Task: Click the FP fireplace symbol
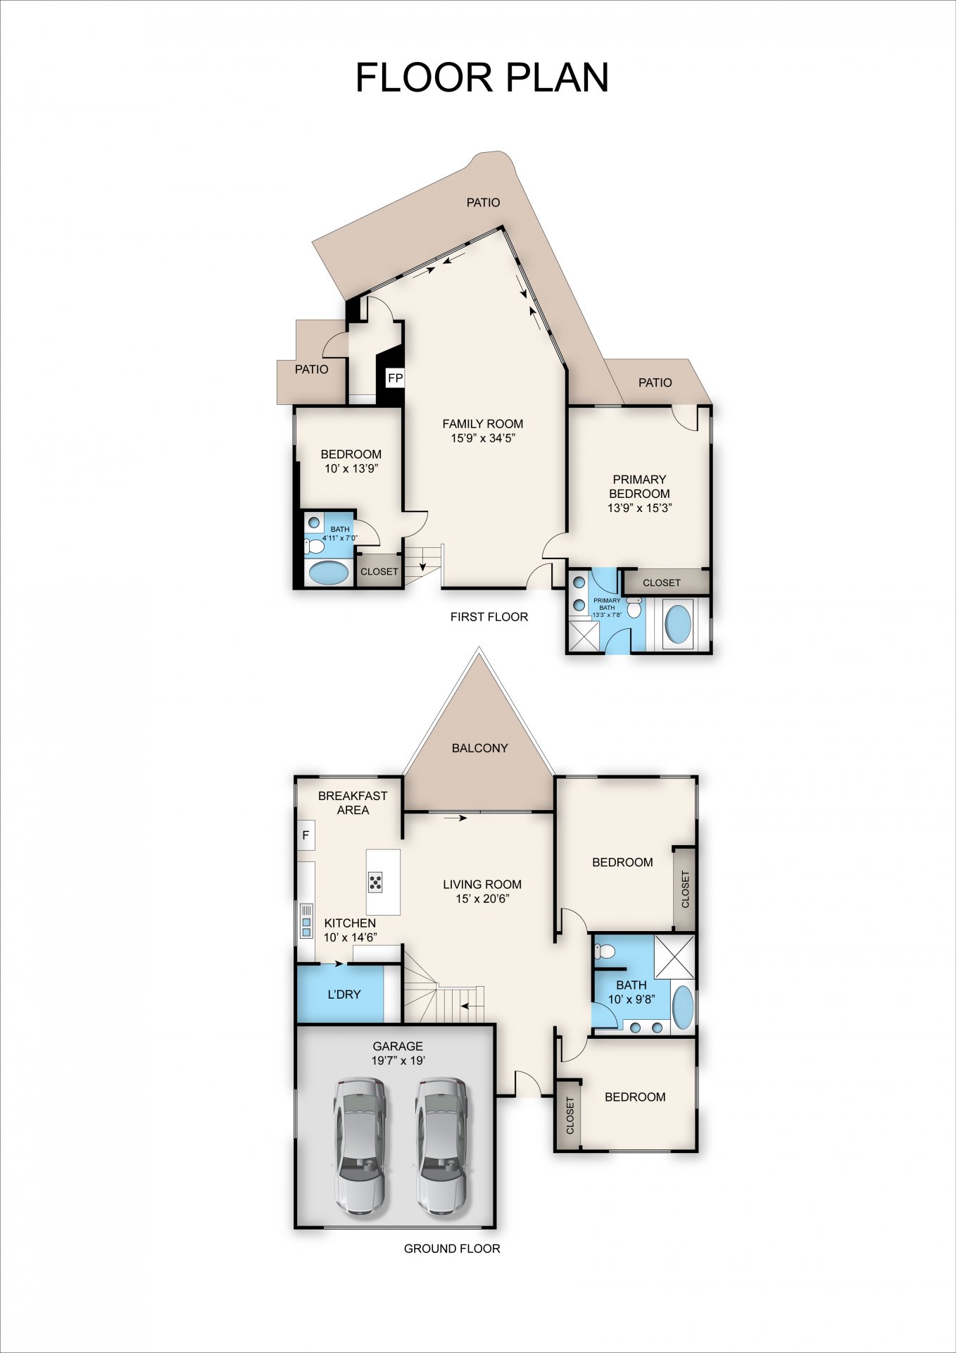pos(395,378)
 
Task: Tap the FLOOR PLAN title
pos(482,77)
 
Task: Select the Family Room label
pos(482,423)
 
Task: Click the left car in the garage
pos(359,1146)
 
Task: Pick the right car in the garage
pos(441,1146)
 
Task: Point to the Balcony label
pos(480,748)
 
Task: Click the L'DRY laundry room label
pos(344,995)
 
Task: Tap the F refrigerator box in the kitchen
pos(306,835)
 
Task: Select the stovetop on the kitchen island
pos(375,882)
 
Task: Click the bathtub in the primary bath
pos(678,625)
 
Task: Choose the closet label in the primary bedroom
pos(662,582)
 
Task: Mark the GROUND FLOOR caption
pos(452,1249)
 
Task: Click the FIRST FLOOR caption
pos(489,617)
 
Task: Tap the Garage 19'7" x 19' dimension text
pos(398,1060)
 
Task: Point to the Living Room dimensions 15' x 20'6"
pos(482,899)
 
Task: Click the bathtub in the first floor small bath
pos(329,573)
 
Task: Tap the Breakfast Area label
pos(353,803)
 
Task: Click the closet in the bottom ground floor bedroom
pos(569,1115)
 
